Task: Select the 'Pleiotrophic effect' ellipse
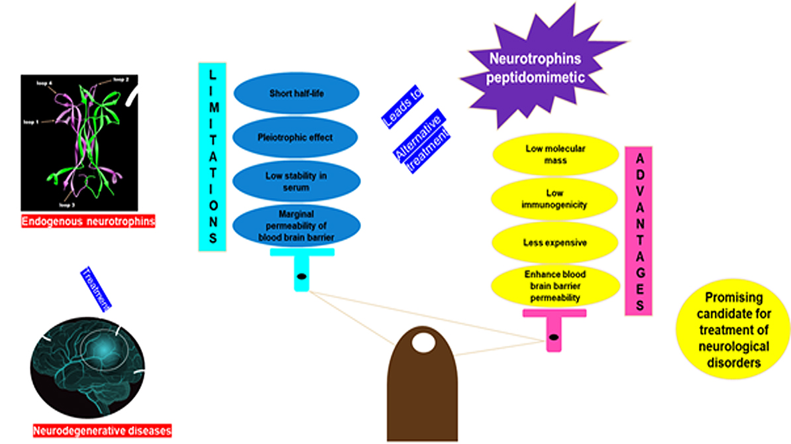(x=295, y=138)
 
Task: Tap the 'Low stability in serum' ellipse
(x=295, y=181)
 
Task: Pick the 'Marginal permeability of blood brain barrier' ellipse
(x=295, y=226)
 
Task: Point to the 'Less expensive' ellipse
(x=555, y=242)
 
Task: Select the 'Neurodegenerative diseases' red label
(x=103, y=431)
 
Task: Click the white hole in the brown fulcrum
(x=422, y=343)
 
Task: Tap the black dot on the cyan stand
(x=301, y=276)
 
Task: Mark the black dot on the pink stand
(x=554, y=337)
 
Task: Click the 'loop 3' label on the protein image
(x=67, y=197)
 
